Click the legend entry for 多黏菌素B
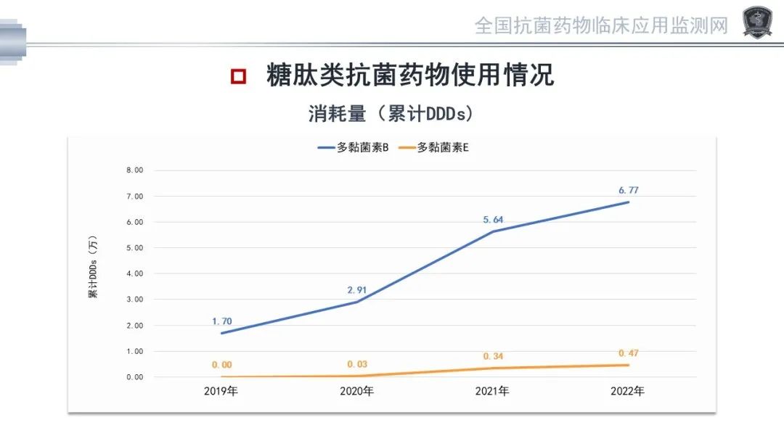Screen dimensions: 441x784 point(354,147)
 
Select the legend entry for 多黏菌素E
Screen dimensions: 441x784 point(433,147)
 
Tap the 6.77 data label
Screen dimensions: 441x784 point(628,190)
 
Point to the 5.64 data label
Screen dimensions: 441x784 point(493,220)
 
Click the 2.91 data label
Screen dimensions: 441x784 point(356,290)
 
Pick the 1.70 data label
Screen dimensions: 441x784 point(221,321)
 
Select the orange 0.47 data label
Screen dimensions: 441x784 point(628,353)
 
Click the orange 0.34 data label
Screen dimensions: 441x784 point(493,356)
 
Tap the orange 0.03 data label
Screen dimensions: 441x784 point(356,364)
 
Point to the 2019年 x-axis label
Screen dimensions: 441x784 point(221,392)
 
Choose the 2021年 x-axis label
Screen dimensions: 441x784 point(493,392)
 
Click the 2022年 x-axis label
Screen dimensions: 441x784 point(628,392)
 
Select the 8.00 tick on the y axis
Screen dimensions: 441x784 point(135,170)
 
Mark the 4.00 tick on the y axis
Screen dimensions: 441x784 point(135,274)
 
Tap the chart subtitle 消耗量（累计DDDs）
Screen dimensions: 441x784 point(391,114)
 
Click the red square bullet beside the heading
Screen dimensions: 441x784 point(238,76)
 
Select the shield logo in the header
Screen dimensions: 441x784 point(757,22)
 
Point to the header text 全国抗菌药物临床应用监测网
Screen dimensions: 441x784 point(601,26)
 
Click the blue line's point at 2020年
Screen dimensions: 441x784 point(356,302)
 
